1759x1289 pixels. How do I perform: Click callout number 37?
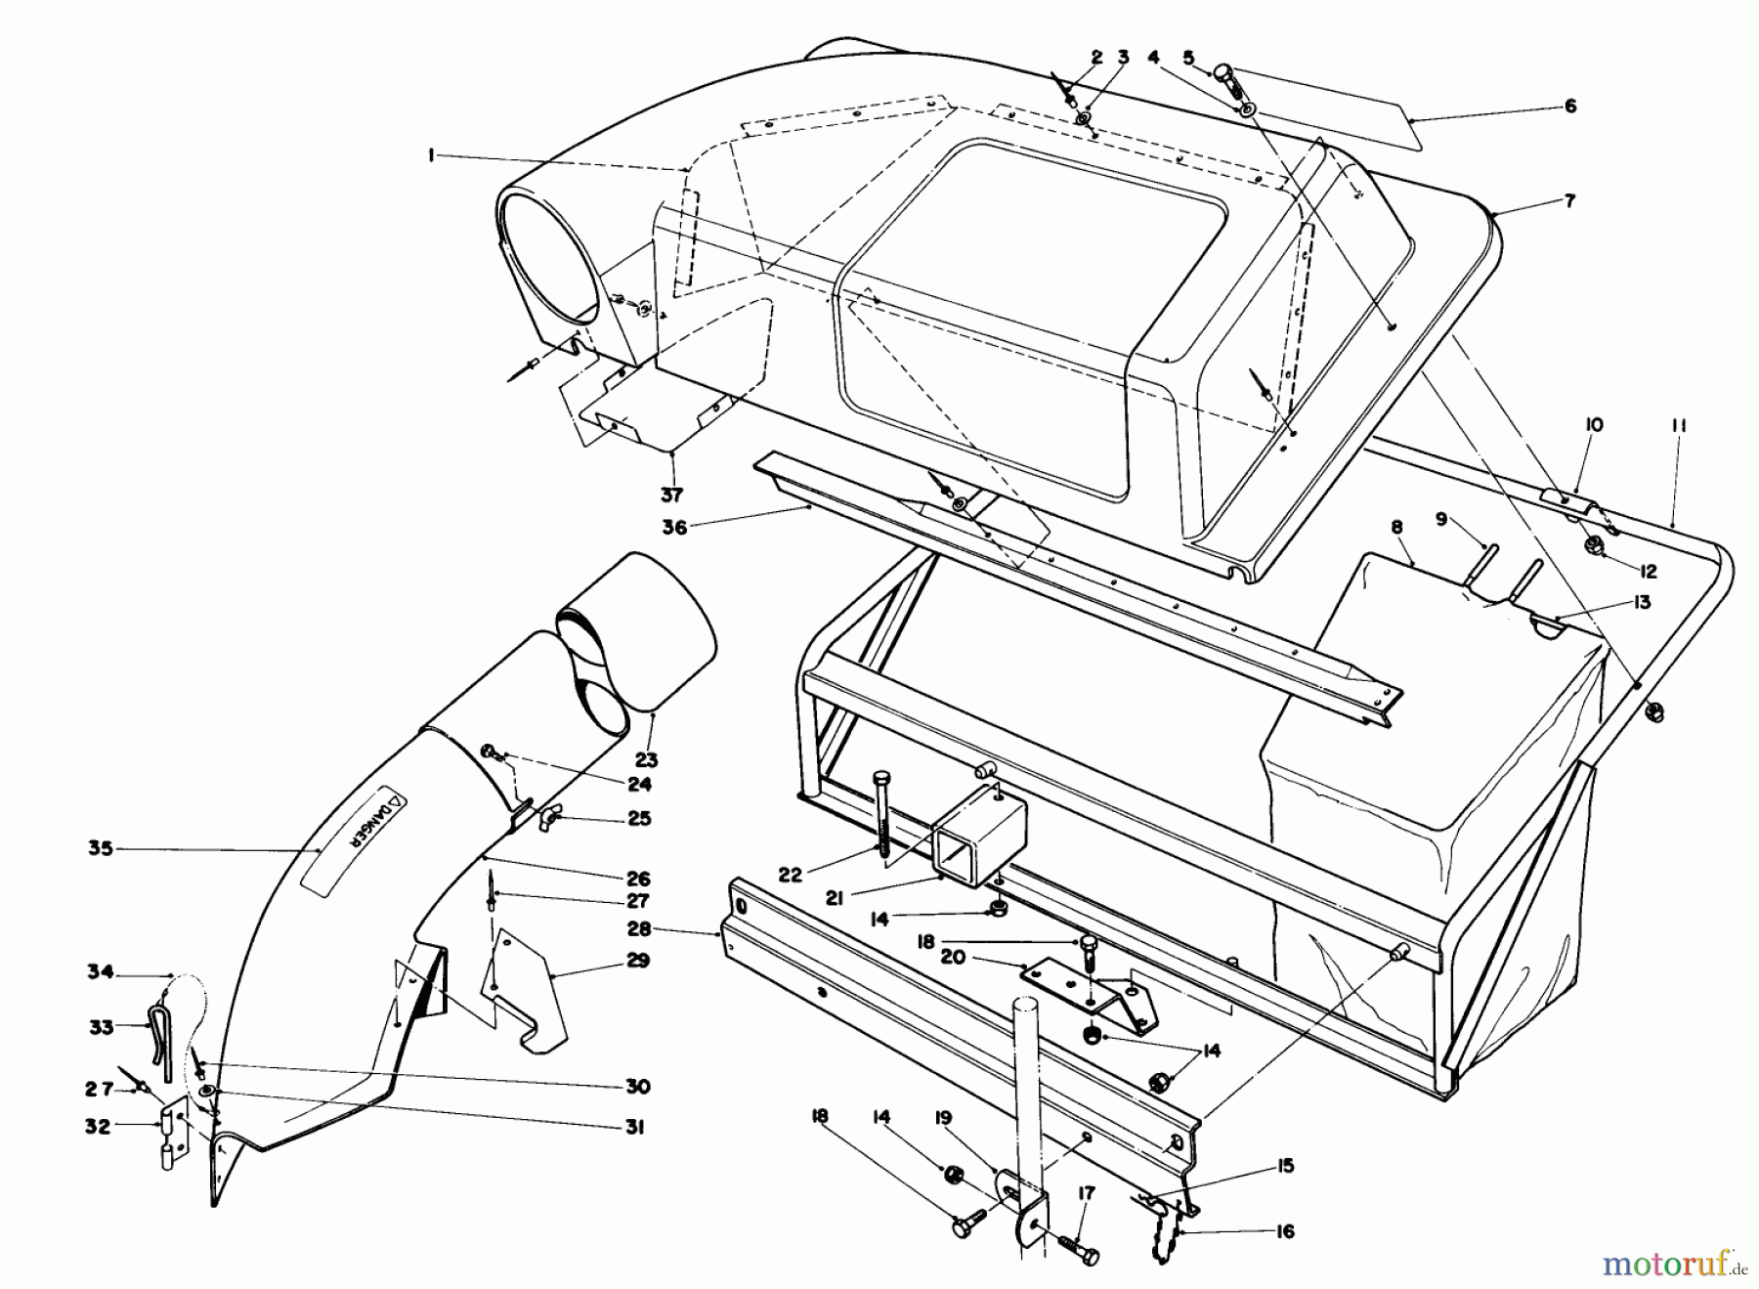pos(671,494)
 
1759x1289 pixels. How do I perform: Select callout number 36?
pos(674,527)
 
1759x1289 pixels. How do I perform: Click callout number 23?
pos(647,758)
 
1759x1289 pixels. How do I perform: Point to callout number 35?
pos(101,848)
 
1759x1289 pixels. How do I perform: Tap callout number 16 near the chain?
pos(1285,1232)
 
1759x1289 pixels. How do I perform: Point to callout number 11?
pos(1679,426)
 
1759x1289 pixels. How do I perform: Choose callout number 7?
pos(1570,201)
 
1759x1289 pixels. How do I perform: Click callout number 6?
pos(1570,106)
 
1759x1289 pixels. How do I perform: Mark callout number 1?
pos(431,157)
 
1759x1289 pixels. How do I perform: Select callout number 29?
pos(637,961)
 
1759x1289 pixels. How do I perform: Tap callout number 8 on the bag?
pos(1396,528)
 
